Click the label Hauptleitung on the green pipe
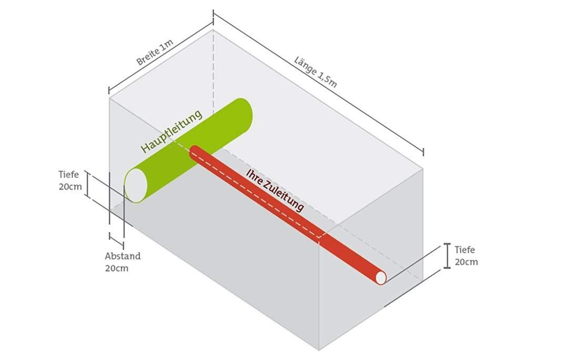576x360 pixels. click(171, 131)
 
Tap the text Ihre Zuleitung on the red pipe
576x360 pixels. click(275, 190)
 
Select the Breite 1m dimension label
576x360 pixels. click(155, 53)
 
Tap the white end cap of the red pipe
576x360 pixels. click(380, 277)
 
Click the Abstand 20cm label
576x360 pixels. click(123, 262)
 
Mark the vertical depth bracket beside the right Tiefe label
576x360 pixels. click(447, 256)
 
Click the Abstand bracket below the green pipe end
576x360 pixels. click(116, 240)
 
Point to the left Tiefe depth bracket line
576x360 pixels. click(88, 185)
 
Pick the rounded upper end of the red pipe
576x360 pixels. click(194, 151)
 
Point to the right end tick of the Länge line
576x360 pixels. click(423, 152)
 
